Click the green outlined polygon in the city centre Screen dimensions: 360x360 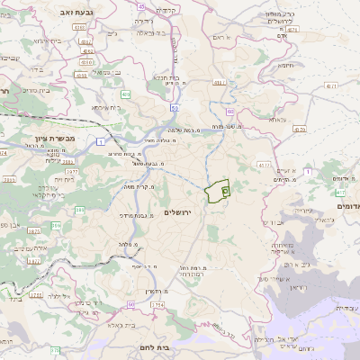pyautogui.click(x=217, y=192)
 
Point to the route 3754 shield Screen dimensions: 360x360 pyautogui.click(x=157, y=306)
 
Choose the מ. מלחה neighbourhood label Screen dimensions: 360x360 pyautogui.click(x=125, y=244)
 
